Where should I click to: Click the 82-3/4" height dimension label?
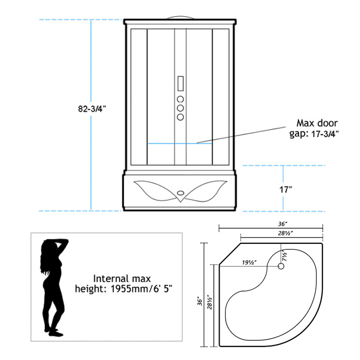pos(92,108)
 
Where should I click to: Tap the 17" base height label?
pos(285,189)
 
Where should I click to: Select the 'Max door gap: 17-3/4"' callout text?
pos(314,128)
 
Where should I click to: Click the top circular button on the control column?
pos(180,99)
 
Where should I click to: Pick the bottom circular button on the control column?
pos(180,117)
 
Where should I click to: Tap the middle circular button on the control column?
pos(180,108)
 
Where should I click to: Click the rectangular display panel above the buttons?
pos(180,84)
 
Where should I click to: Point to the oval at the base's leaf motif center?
pos(180,193)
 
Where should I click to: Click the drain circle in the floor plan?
pos(281,266)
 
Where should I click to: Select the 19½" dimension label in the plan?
pos(249,262)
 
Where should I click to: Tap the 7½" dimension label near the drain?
pos(284,255)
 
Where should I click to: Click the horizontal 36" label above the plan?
pos(283,224)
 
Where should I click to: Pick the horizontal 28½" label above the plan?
pos(285,233)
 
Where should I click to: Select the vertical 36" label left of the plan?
pos(200,302)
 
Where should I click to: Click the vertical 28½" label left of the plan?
pos(210,302)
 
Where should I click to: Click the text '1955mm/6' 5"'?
pos(141,288)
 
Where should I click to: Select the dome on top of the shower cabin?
pos(180,18)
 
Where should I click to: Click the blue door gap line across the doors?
pos(180,144)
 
